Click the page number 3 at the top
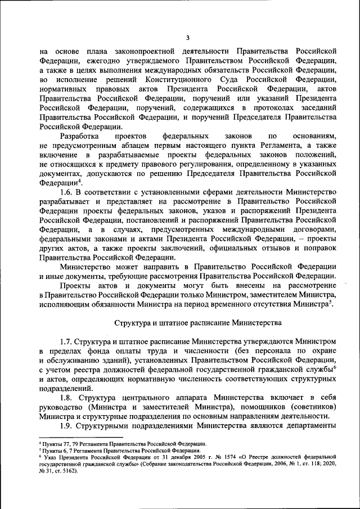[187, 38]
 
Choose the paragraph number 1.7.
[69, 341]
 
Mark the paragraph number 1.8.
[69, 397]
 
